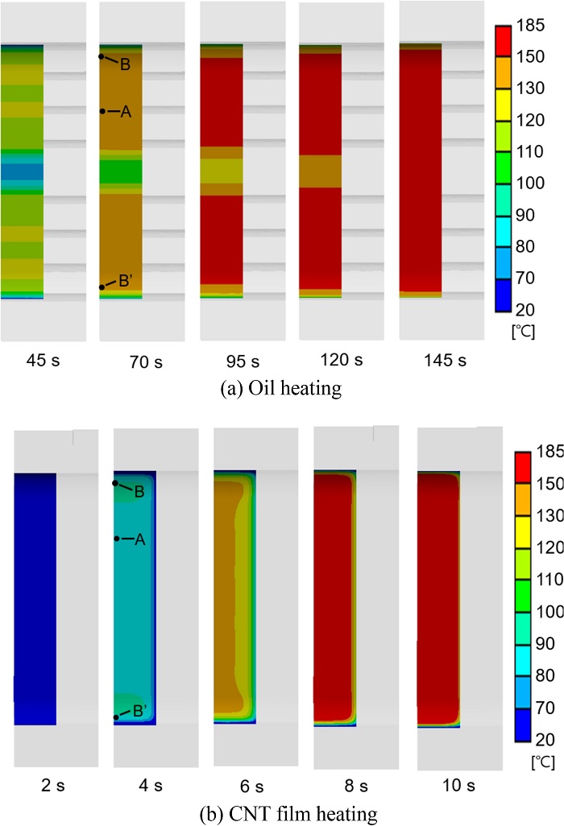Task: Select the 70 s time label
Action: (147, 361)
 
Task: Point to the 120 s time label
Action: (341, 360)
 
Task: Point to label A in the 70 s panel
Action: (125, 112)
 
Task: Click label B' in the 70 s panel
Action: (126, 281)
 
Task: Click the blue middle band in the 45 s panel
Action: (22, 171)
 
